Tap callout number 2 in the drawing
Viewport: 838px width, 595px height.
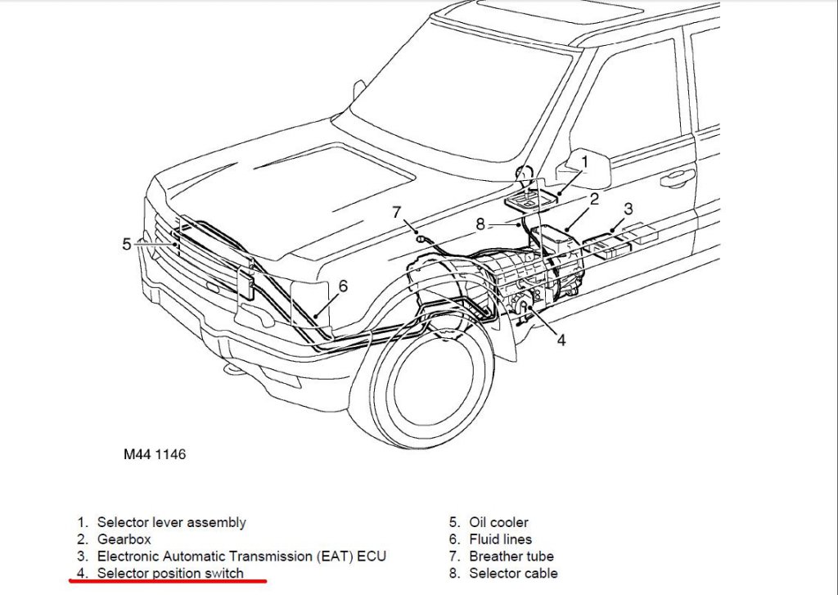pos(594,199)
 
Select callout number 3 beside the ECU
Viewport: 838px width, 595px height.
pos(628,209)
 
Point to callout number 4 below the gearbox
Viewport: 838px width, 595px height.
pos(561,340)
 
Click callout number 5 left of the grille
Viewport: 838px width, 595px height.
pos(127,244)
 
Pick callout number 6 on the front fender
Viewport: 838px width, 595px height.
pos(343,286)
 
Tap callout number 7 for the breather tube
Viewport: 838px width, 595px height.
pos(397,213)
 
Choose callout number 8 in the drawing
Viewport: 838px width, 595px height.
pos(481,223)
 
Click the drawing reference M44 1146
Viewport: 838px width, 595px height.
pos(149,454)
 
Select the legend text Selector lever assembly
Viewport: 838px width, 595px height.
pos(171,522)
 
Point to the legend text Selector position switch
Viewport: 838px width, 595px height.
pos(170,574)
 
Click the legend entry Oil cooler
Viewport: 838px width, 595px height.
pos(498,522)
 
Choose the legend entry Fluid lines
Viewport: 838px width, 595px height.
pos(500,539)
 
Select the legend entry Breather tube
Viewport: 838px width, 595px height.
pos(511,557)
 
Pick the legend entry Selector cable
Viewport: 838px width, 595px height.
pos(513,574)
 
